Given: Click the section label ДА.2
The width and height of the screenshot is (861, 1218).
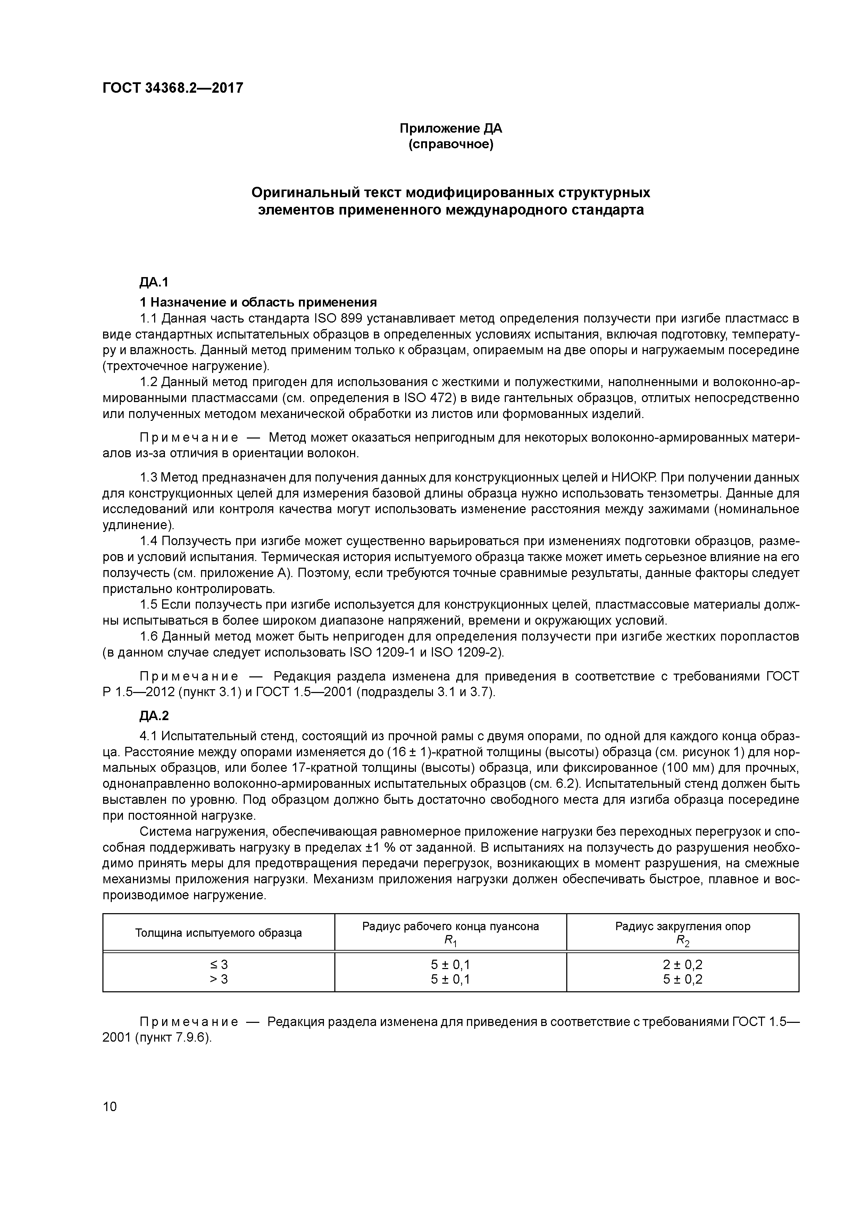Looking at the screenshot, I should pyautogui.click(x=154, y=716).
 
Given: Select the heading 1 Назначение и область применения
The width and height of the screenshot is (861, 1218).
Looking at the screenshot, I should pyautogui.click(x=258, y=302).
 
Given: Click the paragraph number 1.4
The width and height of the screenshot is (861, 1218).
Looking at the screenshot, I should pyautogui.click(x=149, y=541).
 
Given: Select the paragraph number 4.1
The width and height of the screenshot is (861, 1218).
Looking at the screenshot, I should pyautogui.click(x=149, y=736).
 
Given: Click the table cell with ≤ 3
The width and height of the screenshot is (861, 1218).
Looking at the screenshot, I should pyautogui.click(x=219, y=965).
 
